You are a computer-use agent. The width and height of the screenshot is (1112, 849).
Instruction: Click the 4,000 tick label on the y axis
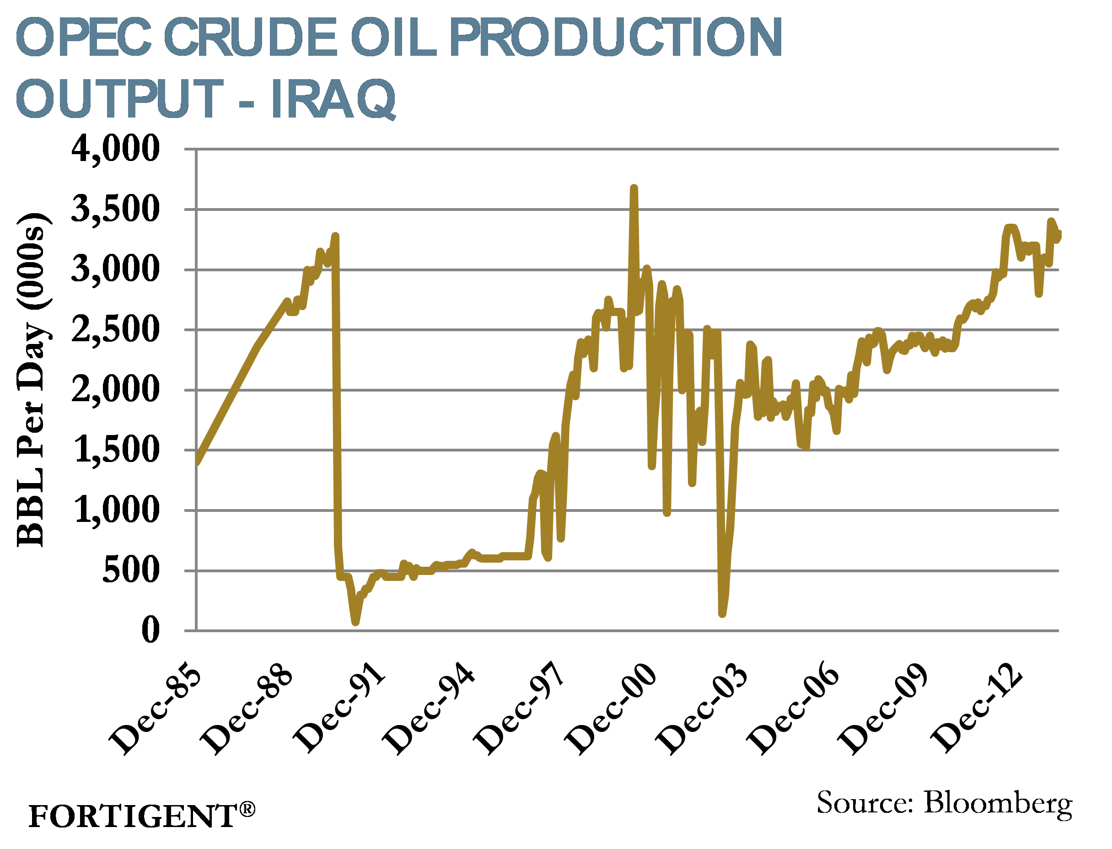point(115,149)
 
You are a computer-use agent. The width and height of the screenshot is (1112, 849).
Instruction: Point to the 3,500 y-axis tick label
point(115,209)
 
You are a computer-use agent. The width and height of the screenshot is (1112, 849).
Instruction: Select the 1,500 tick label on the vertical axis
point(117,450)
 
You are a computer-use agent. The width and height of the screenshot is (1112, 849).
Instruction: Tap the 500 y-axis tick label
point(131,570)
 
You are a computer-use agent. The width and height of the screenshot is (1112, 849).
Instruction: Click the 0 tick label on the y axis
point(150,631)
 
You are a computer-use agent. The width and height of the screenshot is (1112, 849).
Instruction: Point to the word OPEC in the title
point(84,38)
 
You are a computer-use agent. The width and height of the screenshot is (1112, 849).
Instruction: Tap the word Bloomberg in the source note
point(998,802)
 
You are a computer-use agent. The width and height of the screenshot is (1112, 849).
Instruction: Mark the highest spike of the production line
point(634,188)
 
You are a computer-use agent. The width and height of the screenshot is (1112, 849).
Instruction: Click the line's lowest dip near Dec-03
point(722,614)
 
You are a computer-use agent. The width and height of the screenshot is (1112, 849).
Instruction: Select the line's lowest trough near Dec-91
point(356,622)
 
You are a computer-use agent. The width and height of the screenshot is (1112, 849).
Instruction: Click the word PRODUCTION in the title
point(616,38)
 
